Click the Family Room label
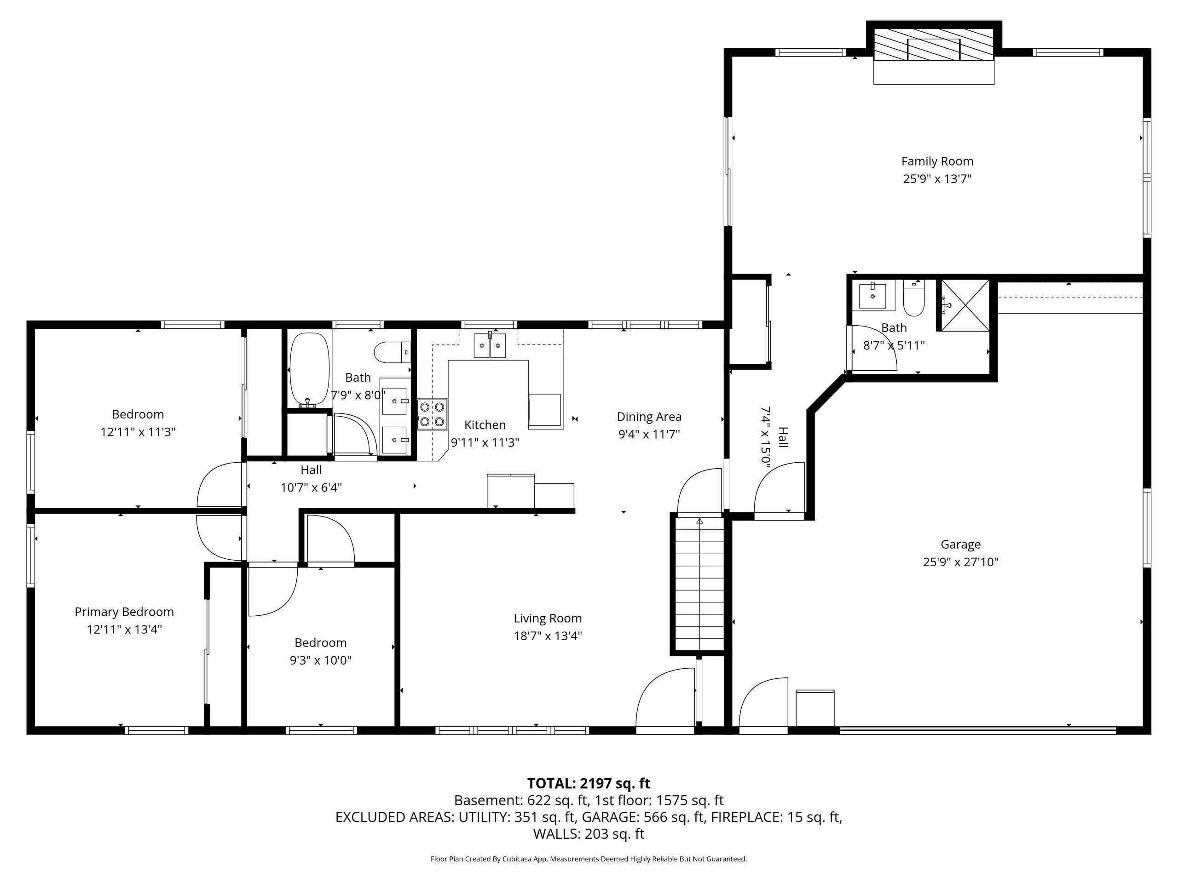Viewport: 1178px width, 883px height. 937,161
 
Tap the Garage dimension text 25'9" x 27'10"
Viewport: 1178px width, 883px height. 960,562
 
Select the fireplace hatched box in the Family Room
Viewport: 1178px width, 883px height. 934,44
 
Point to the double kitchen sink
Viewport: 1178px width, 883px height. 490,345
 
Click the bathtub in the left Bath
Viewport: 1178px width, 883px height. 309,370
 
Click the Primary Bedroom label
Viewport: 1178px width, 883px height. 124,612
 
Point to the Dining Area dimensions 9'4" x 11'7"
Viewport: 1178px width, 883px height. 649,434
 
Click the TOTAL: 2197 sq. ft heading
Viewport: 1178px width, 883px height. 589,784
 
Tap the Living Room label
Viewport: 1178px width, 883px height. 548,619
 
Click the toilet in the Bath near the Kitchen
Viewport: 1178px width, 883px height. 392,352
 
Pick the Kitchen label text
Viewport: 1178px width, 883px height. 485,425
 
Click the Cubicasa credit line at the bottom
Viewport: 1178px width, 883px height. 589,859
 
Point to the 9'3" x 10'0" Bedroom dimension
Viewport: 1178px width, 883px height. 320,660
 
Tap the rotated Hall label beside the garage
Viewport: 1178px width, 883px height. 783,437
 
